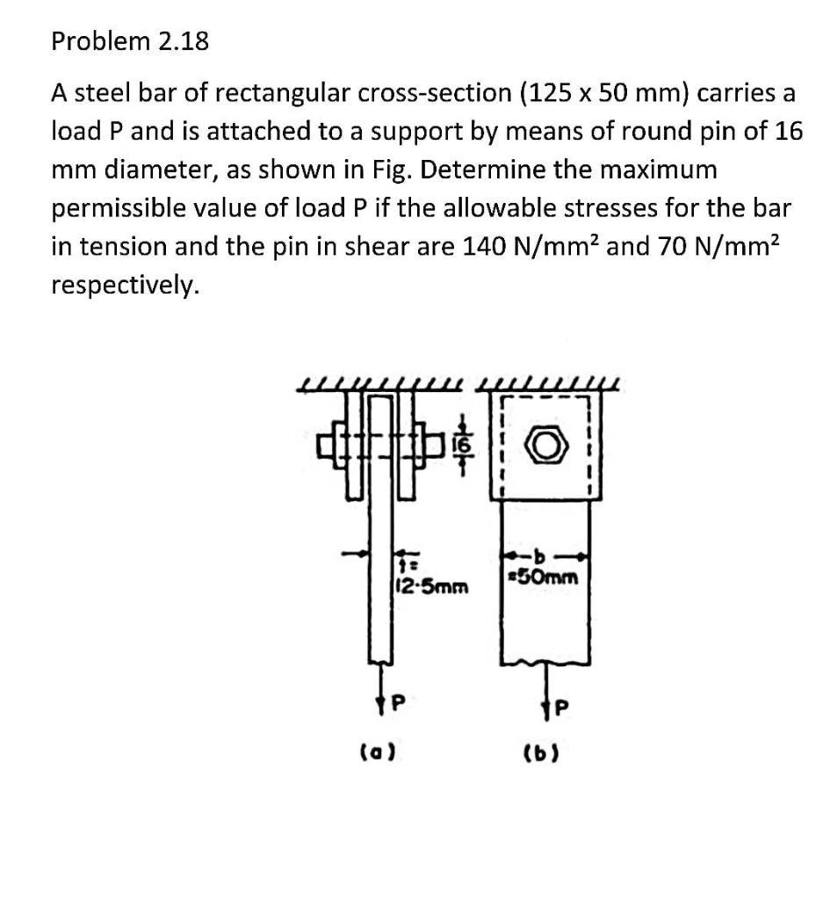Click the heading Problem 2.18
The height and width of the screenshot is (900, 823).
(130, 40)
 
